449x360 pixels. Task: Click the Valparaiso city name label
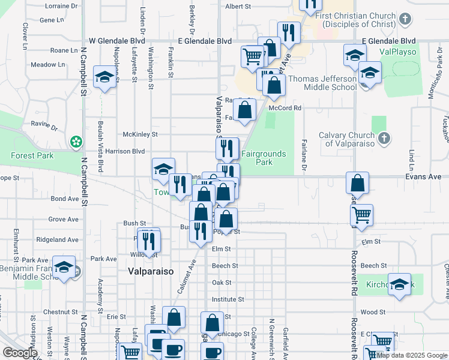click(x=151, y=271)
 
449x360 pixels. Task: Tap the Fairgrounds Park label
click(x=264, y=158)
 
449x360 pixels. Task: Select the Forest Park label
click(x=32, y=155)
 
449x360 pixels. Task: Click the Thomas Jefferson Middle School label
click(x=318, y=83)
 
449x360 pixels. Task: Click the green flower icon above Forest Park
click(x=76, y=142)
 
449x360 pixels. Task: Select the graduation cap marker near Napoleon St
click(x=105, y=77)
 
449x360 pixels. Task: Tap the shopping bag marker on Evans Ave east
click(x=357, y=182)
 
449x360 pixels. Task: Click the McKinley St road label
click(x=139, y=134)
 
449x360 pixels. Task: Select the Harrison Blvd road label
click(x=125, y=151)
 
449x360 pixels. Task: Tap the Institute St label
click(x=228, y=299)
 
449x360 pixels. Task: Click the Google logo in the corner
click(x=20, y=353)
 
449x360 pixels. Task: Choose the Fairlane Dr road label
click(x=304, y=162)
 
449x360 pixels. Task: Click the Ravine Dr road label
click(x=44, y=128)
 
